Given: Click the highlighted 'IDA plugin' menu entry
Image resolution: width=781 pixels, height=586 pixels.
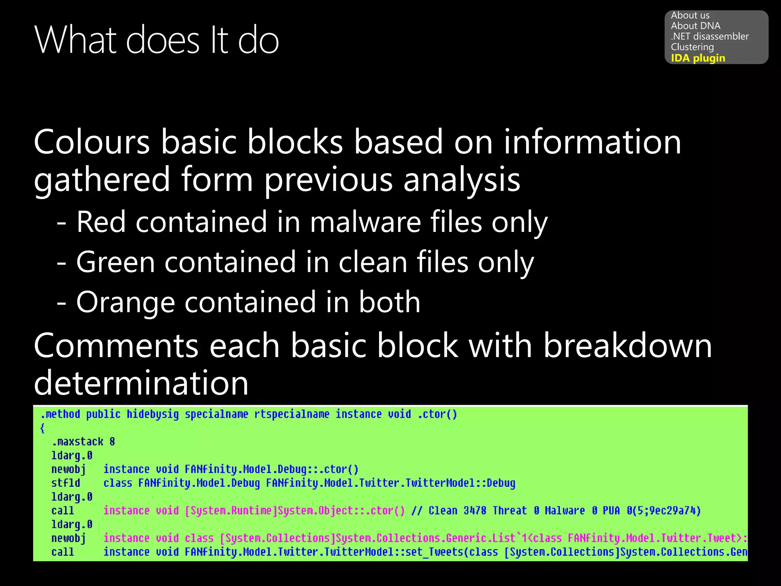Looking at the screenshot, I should pos(698,58).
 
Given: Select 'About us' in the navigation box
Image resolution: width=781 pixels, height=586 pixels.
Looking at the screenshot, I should pos(690,15).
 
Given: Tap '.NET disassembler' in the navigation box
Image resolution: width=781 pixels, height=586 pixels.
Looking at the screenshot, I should pos(709,36).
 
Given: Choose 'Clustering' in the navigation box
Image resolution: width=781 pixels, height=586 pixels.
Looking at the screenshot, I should pos(692,47).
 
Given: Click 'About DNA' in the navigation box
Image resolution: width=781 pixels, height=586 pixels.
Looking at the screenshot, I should pos(696,26).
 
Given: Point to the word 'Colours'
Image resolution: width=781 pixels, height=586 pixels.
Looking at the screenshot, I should pos(92,142).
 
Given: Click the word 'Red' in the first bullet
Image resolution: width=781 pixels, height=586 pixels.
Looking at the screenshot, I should pos(101,222).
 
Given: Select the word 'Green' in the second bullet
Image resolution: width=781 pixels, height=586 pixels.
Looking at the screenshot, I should pos(115,262).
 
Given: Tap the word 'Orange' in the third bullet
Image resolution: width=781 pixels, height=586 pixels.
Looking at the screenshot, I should pos(125,302).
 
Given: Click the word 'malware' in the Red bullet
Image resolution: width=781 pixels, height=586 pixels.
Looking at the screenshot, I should pos(365,222).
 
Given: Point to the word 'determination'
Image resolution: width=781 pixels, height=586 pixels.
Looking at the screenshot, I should pos(141,383).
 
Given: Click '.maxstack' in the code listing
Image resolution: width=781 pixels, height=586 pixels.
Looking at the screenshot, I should pos(78,442).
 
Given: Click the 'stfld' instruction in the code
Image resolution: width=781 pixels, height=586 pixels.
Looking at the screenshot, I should pos(66,483).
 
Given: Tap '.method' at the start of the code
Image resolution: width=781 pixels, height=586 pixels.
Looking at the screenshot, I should pos(60,414).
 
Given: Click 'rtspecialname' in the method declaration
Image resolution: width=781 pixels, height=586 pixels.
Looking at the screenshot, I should pos(292,414).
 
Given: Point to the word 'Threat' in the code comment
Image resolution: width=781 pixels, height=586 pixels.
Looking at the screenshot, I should pos(509,510).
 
